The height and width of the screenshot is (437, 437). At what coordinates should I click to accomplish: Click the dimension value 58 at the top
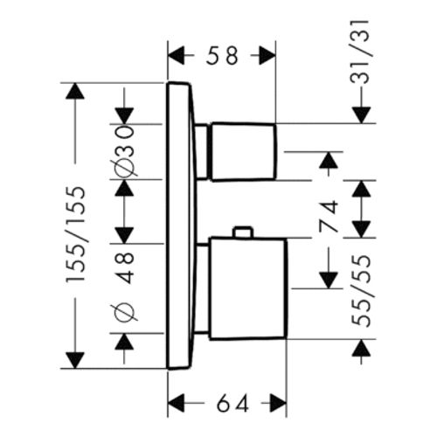click(x=222, y=55)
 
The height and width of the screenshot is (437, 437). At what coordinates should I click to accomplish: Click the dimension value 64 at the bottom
click(x=232, y=403)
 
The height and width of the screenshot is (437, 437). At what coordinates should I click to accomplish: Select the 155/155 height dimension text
click(x=76, y=234)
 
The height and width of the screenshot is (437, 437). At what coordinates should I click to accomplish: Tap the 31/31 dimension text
click(x=360, y=52)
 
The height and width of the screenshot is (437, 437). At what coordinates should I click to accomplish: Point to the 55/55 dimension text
click(x=362, y=290)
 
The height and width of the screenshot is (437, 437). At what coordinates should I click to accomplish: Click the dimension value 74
click(x=329, y=216)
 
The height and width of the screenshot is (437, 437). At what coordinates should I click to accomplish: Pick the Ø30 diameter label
click(x=124, y=151)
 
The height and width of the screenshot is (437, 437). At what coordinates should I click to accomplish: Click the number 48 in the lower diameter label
click(x=125, y=267)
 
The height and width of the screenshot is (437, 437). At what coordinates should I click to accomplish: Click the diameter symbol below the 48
click(x=124, y=313)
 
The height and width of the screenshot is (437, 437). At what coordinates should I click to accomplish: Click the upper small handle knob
click(x=243, y=151)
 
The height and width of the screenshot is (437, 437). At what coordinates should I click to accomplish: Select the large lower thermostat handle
click(x=248, y=288)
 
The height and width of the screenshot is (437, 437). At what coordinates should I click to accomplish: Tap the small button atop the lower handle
click(x=242, y=232)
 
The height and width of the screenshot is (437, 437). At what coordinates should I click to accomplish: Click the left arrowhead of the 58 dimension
click(x=177, y=55)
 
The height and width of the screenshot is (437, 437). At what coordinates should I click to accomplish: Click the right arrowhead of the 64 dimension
click(x=278, y=403)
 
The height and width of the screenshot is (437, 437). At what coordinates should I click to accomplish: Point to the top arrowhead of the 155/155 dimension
click(x=75, y=91)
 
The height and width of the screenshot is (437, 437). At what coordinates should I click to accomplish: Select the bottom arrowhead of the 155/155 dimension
click(x=75, y=360)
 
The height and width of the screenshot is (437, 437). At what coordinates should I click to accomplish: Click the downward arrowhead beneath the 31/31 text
click(x=361, y=115)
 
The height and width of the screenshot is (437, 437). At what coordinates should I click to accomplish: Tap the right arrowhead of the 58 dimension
click(x=267, y=55)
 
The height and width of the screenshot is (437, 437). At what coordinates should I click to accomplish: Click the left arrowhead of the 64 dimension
click(x=177, y=403)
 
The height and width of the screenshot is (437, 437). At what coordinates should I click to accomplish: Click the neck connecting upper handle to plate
click(x=202, y=151)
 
